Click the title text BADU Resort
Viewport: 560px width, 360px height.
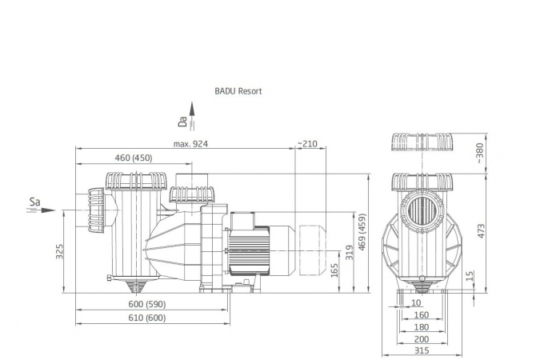click(x=238, y=91)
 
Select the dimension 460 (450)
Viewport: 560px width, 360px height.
click(x=134, y=158)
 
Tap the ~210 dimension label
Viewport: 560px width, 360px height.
click(x=307, y=144)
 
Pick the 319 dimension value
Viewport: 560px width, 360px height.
click(x=349, y=253)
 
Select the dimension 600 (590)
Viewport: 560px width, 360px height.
click(x=147, y=304)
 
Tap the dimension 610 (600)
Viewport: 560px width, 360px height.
click(x=147, y=318)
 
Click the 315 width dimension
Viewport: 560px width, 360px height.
click(x=422, y=350)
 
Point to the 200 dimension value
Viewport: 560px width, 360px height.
click(x=422, y=338)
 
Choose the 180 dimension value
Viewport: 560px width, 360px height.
click(x=421, y=326)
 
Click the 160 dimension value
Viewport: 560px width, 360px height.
click(x=421, y=315)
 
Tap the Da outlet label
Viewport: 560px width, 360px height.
click(x=183, y=122)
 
